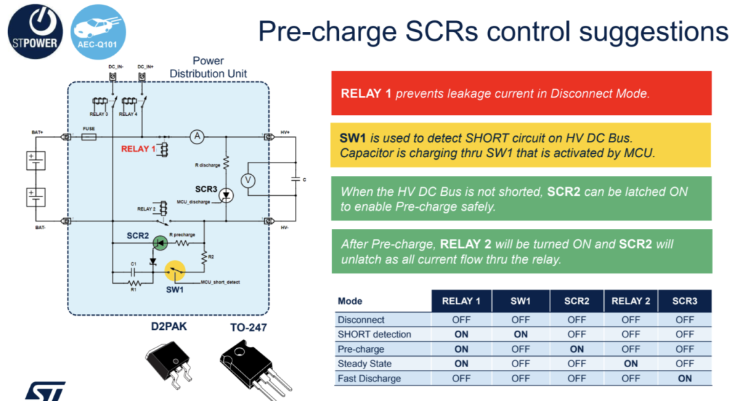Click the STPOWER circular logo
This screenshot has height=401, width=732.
click(35, 31)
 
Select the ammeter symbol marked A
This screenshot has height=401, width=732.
click(197, 137)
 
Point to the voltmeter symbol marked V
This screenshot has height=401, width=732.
click(249, 180)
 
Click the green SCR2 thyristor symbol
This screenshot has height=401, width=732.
click(159, 242)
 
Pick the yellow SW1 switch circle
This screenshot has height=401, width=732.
click(176, 272)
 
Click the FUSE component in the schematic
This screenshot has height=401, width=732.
click(89, 137)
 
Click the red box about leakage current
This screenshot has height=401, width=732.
click(521, 93)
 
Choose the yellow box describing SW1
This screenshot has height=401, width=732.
click(521, 145)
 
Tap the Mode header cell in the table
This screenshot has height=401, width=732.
click(350, 301)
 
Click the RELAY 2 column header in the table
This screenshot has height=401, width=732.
click(630, 301)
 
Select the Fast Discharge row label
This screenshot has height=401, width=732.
click(369, 379)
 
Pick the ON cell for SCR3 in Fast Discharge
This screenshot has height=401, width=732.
click(685, 379)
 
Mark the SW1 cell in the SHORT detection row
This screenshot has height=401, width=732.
click(521, 334)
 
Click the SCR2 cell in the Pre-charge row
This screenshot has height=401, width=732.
click(577, 349)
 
